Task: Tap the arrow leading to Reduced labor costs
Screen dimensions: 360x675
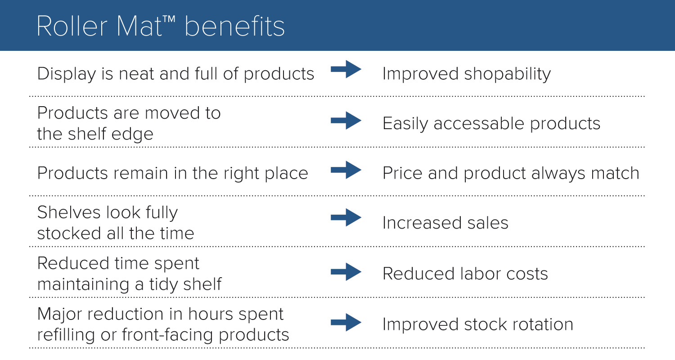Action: coord(346,271)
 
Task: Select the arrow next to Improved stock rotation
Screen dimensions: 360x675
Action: coord(346,322)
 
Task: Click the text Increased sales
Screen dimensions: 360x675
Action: coord(445,223)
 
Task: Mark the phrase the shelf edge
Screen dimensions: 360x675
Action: coord(95,134)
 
